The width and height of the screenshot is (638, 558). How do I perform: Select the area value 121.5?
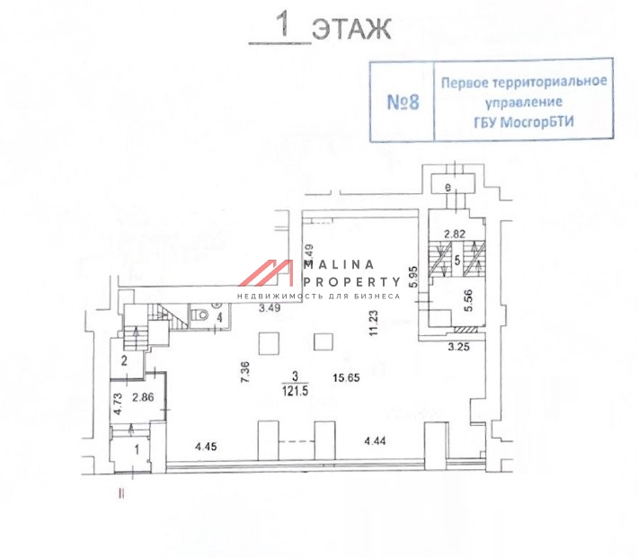click(296, 390)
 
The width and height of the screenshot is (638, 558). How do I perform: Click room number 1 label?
click(137, 447)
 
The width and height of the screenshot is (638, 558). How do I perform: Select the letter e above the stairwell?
click(447, 187)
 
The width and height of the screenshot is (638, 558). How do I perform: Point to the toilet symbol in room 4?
click(201, 314)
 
